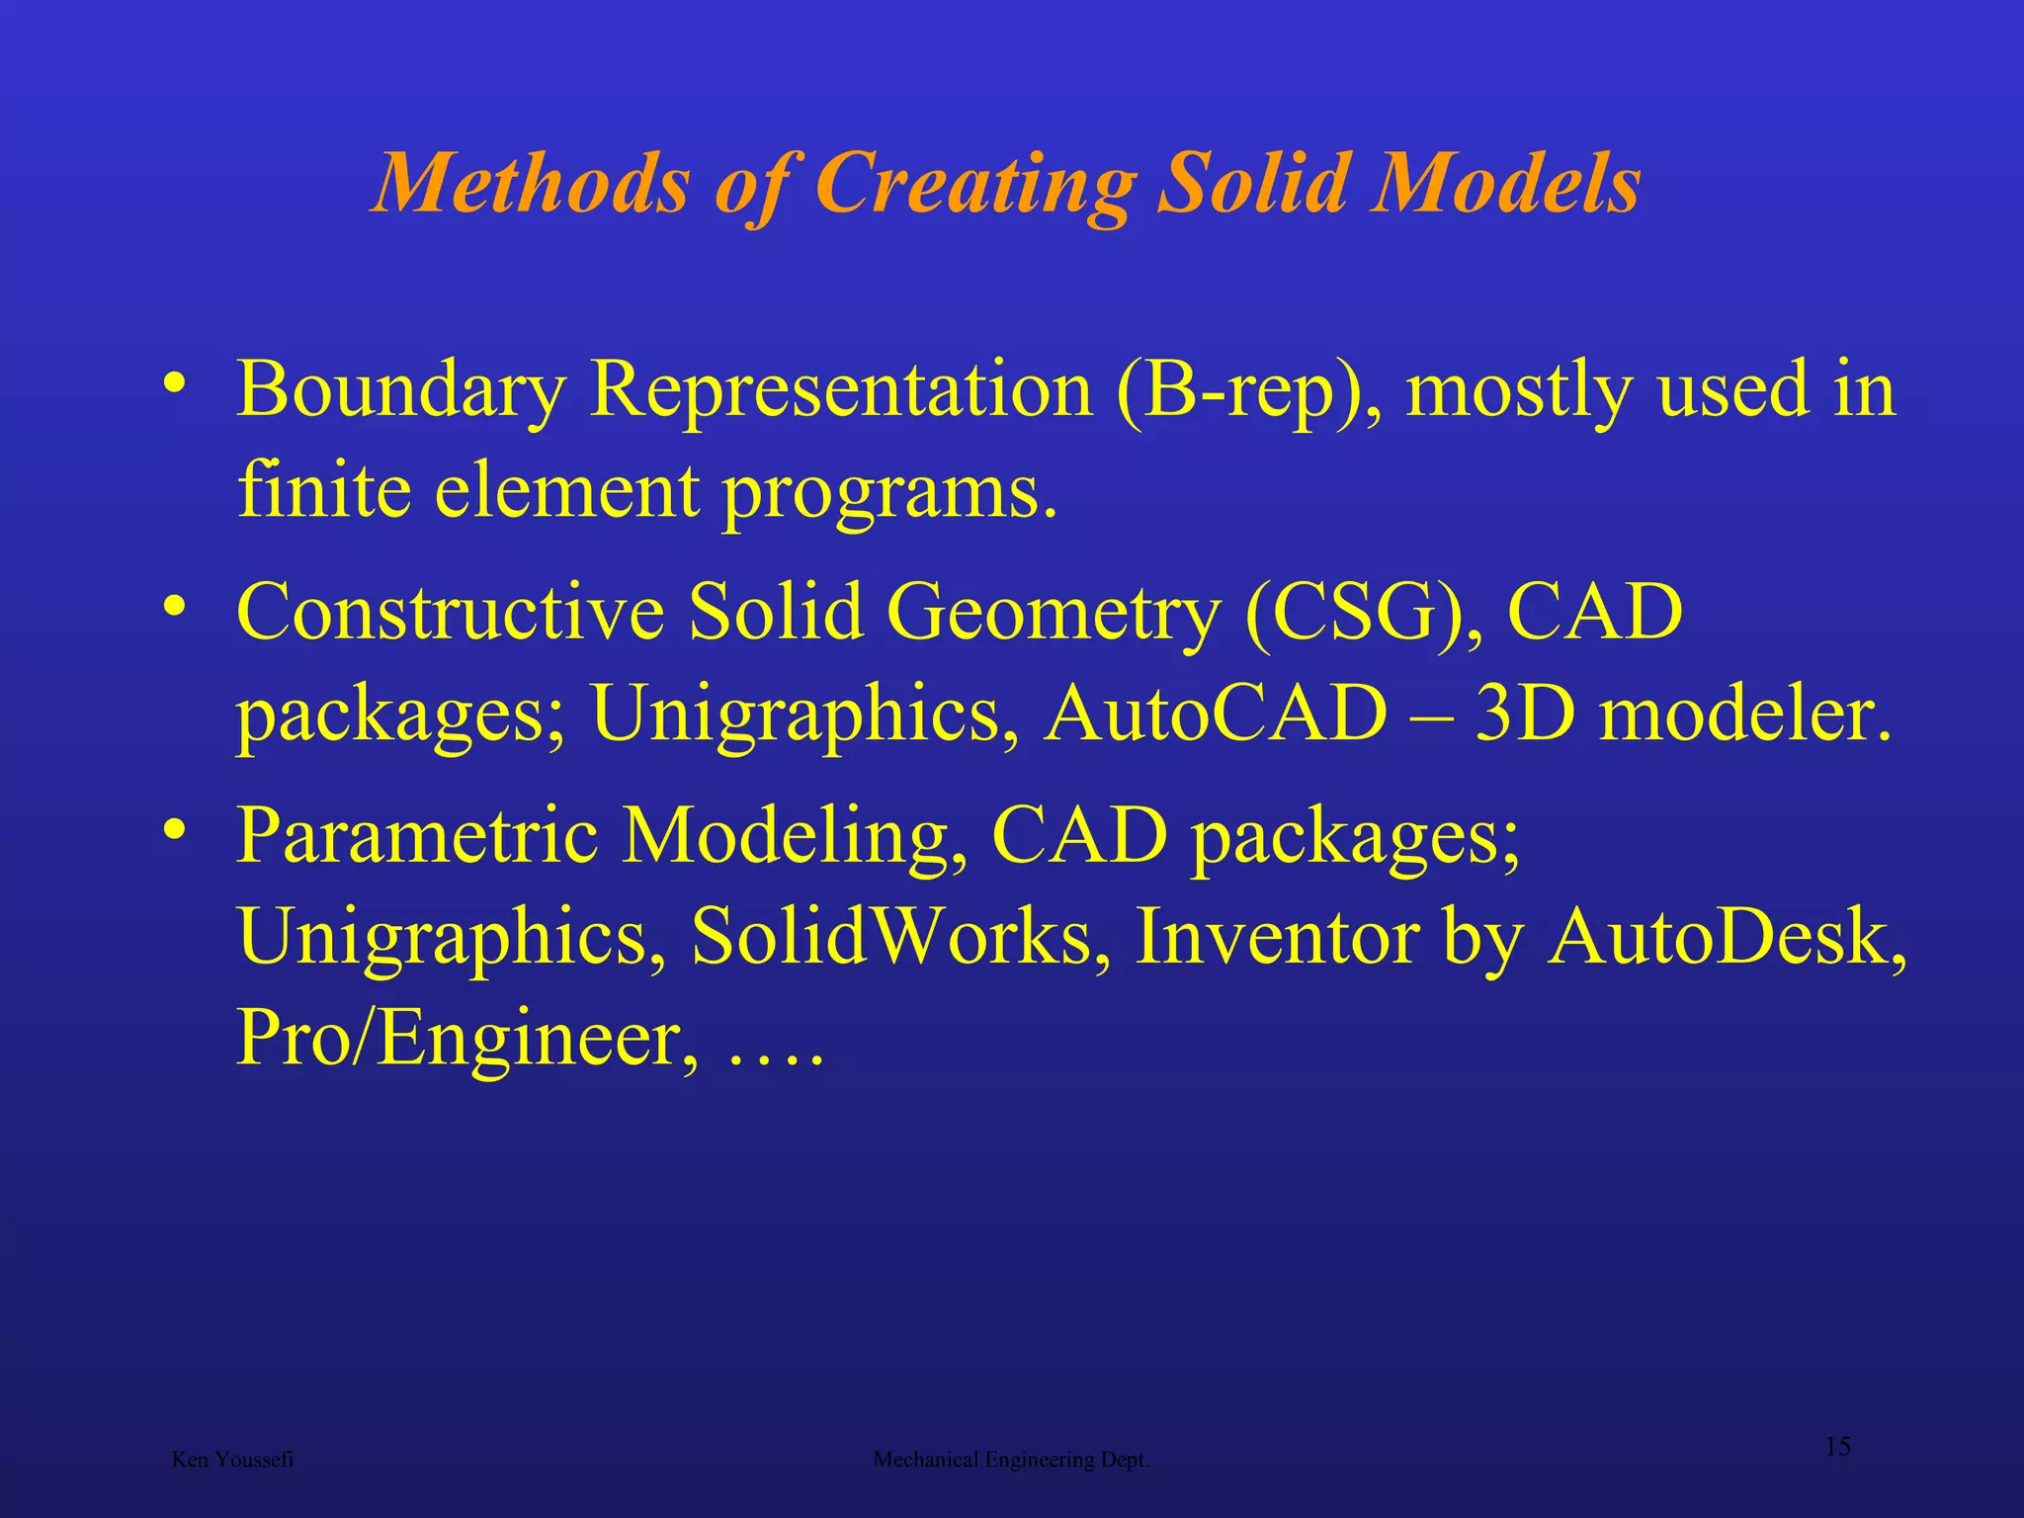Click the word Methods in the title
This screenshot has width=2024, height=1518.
point(531,184)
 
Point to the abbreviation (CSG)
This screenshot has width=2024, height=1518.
point(1364,613)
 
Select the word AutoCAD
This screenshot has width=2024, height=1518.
point(1216,714)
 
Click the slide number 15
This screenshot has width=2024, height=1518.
point(1837,1447)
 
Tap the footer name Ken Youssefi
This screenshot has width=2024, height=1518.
point(232,1460)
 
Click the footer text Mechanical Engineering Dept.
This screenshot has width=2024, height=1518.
point(1011,1460)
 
